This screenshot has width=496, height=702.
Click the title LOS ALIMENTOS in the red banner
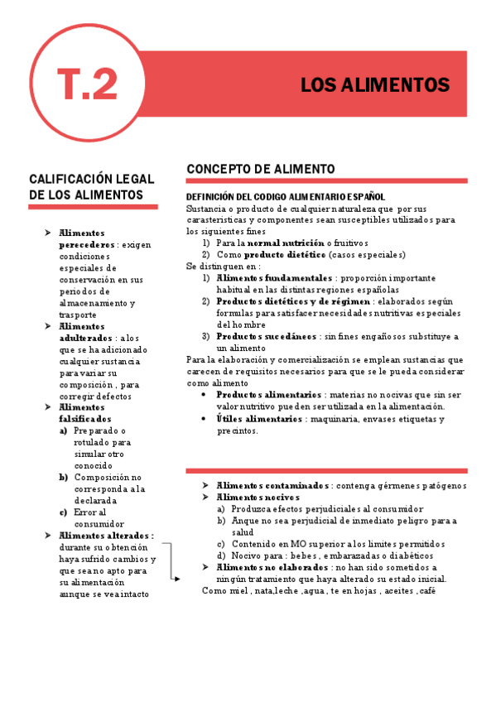(374, 85)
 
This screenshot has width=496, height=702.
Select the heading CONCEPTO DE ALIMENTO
(261, 169)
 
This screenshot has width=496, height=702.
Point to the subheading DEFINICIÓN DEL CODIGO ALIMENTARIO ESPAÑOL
(286, 197)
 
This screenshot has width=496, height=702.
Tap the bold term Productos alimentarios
(264, 395)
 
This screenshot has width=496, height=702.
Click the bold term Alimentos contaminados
(272, 485)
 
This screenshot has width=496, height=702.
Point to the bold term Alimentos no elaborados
(271, 567)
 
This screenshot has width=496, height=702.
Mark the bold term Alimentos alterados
(106, 536)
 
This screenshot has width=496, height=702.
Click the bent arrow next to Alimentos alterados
(171, 563)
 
